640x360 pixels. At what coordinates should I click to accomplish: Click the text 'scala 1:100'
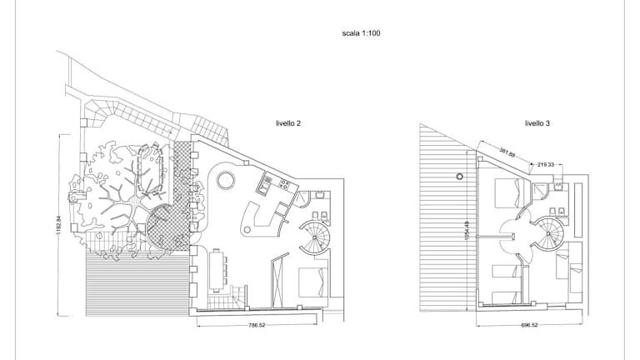(361, 33)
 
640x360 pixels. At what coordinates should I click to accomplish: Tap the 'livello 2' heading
(288, 123)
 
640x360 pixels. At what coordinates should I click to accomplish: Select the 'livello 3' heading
(537, 123)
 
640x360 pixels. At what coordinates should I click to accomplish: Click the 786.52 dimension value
(257, 325)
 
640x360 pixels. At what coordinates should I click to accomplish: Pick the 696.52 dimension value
(529, 325)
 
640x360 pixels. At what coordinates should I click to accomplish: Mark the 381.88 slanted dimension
(507, 152)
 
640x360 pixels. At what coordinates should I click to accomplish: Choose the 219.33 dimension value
(546, 164)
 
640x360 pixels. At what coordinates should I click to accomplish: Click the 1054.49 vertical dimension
(467, 231)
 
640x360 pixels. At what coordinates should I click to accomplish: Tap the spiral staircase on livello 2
(315, 238)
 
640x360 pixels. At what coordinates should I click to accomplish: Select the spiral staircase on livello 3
(548, 233)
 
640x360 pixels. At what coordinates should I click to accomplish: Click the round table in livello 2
(225, 180)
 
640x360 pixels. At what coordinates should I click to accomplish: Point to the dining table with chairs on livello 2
(218, 271)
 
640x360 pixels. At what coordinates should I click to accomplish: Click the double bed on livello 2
(313, 282)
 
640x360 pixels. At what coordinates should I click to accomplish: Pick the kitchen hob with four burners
(284, 184)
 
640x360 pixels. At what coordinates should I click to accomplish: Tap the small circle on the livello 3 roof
(460, 177)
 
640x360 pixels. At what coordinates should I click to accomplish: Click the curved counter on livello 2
(259, 221)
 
